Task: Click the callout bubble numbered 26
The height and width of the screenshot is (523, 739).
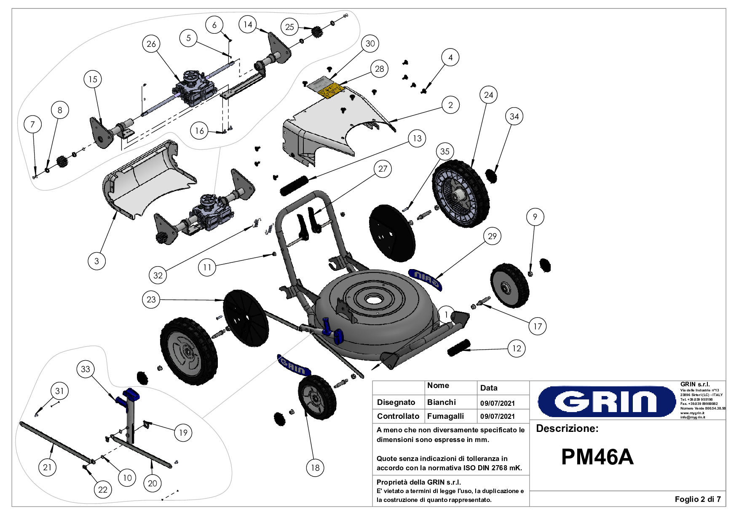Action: click(151, 44)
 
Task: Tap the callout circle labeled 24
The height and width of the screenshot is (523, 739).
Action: click(488, 95)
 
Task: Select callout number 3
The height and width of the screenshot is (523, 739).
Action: click(96, 261)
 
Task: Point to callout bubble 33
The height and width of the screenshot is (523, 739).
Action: click(86, 369)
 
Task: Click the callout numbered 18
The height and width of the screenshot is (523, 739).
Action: click(315, 467)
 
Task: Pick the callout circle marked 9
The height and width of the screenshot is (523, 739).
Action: click(535, 217)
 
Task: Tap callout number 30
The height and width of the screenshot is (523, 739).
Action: click(370, 43)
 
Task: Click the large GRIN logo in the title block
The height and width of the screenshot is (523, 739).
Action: click(607, 401)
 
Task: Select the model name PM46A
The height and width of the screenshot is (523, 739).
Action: click(597, 457)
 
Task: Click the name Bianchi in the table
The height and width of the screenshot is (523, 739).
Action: click(441, 402)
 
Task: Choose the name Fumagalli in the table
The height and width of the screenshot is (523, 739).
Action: click(445, 416)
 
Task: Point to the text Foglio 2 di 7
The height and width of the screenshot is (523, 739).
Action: click(697, 499)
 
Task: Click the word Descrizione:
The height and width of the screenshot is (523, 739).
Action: click(567, 429)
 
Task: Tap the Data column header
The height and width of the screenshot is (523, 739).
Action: click(489, 388)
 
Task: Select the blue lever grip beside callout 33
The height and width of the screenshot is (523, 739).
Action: click(131, 395)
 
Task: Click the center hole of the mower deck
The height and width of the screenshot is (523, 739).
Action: click(373, 300)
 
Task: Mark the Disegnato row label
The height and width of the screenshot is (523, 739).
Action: click(396, 402)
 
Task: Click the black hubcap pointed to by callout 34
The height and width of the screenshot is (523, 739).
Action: click(491, 175)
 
